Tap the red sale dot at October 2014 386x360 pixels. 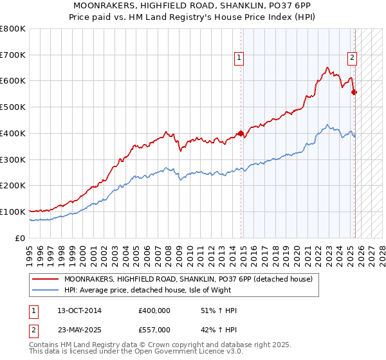[241, 134]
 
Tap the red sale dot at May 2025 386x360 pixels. [354, 93]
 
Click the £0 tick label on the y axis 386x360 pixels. [21, 238]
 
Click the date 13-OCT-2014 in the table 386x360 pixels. [79, 310]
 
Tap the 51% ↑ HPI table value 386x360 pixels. [219, 310]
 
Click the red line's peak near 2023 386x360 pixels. [327, 67]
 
